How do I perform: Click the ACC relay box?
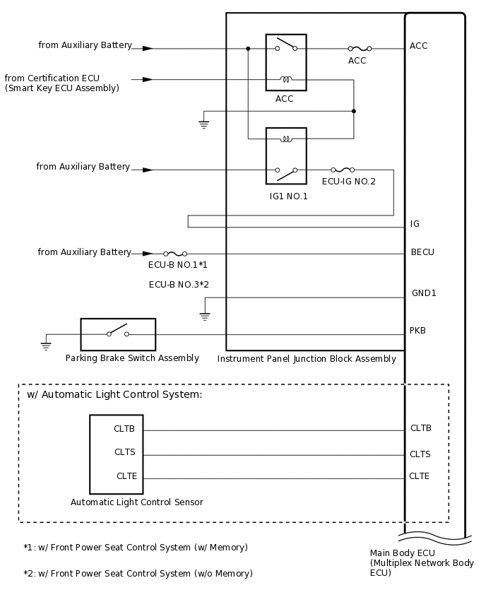coord(286,62)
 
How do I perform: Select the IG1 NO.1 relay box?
coord(286,155)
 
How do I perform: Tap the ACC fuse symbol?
coord(360,49)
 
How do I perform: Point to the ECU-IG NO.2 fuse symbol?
coord(342,170)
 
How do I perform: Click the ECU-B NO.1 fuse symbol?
coord(175,253)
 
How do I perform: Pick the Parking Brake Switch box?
coord(118,334)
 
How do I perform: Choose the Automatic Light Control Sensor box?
coord(117,454)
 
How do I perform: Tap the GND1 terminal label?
coord(424,293)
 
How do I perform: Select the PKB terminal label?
coord(418,331)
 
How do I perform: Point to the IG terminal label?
coord(415,224)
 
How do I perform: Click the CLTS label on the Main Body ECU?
coord(420,454)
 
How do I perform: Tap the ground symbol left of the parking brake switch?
coord(46,346)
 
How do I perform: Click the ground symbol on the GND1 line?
coord(205,316)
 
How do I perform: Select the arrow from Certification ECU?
coord(147,80)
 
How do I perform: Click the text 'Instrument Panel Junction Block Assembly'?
coord(307,359)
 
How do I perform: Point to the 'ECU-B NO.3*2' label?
coord(179,285)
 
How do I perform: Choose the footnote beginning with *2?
coord(138,574)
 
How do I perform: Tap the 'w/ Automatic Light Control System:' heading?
coord(114,394)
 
